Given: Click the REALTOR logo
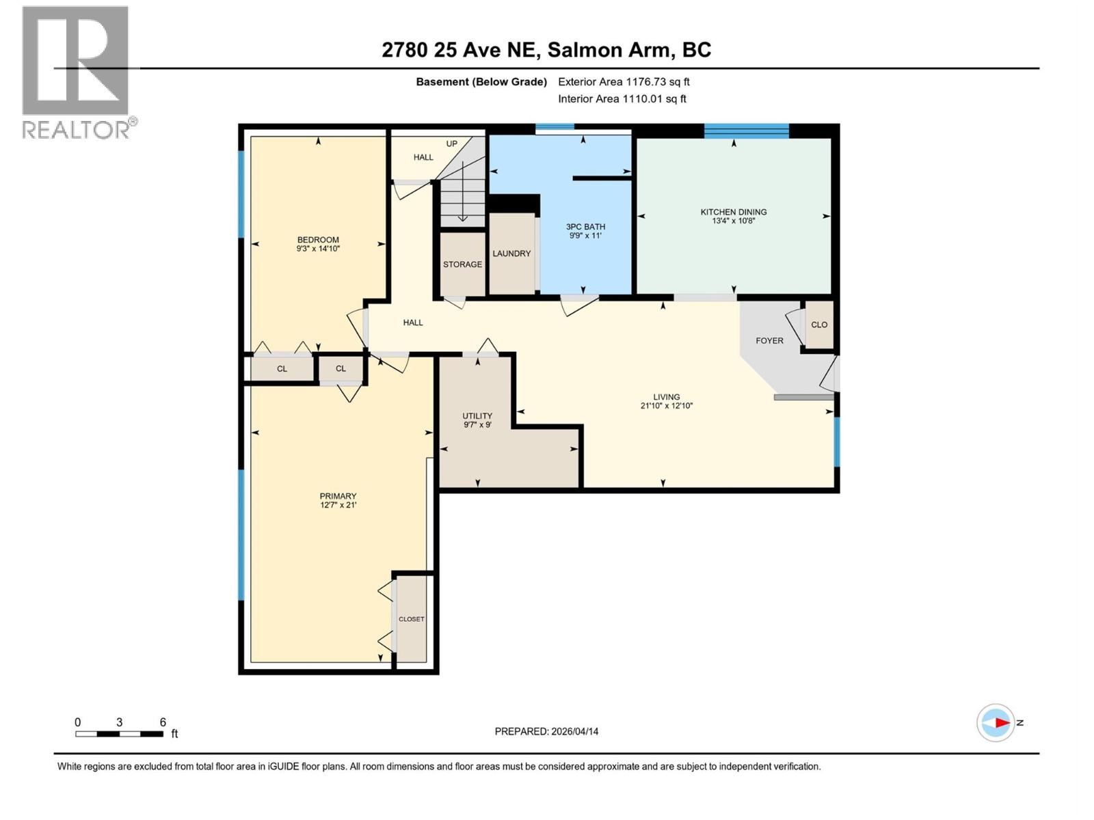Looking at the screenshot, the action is click(x=79, y=72).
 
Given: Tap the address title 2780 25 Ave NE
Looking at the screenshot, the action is click(x=461, y=50).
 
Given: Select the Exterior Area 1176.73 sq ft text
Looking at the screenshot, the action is click(x=624, y=81).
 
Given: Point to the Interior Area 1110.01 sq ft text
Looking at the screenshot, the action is click(x=622, y=98).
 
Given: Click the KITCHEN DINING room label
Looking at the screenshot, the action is click(x=733, y=212).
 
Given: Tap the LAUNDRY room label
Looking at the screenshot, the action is click(x=511, y=254).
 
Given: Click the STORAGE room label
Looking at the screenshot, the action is click(x=462, y=264).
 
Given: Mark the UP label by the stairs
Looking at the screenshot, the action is click(x=451, y=144).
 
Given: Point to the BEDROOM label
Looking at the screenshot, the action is click(x=318, y=239).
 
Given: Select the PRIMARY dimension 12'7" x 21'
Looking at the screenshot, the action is click(x=338, y=505).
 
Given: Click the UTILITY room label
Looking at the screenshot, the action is click(x=477, y=415).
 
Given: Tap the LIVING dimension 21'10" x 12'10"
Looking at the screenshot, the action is click(x=667, y=406).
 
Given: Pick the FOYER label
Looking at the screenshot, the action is click(x=769, y=340).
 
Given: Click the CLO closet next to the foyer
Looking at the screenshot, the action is click(x=819, y=325).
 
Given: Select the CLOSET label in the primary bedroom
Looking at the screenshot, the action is click(x=411, y=619).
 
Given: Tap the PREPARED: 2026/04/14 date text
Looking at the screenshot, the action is click(x=546, y=731).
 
